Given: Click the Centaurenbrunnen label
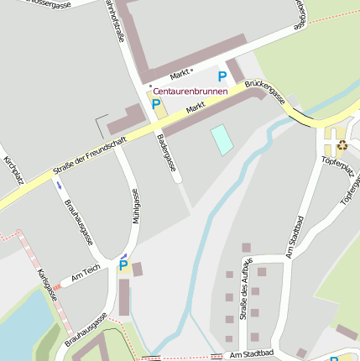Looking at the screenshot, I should (x=190, y=90).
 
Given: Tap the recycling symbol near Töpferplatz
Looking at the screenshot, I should (x=342, y=145).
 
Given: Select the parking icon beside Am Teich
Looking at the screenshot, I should (x=123, y=266).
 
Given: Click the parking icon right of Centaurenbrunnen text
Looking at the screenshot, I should (x=222, y=76).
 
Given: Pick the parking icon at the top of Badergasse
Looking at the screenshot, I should (x=156, y=104).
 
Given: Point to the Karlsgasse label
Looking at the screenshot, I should (x=47, y=285).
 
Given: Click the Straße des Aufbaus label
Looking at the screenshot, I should (x=245, y=290).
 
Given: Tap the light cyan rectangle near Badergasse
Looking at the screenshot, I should (x=222, y=139).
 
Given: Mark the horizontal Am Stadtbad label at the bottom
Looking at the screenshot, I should (x=251, y=355).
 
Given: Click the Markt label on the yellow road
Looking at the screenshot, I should (x=196, y=108).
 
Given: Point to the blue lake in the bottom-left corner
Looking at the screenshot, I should (x=17, y=323).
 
